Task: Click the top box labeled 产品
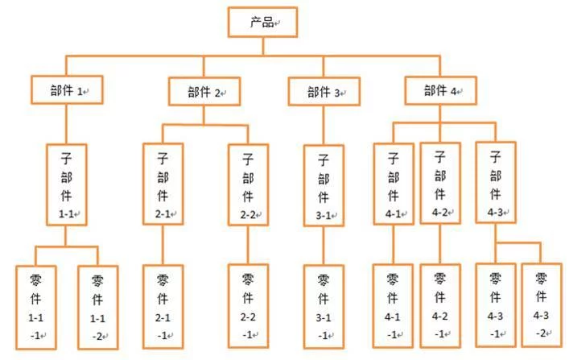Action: [262, 23]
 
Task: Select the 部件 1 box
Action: [67, 90]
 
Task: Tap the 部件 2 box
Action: [204, 92]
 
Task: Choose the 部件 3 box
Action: [324, 92]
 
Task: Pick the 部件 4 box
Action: [440, 90]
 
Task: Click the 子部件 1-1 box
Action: [67, 184]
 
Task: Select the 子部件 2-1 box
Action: [163, 184]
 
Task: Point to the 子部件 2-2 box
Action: [248, 184]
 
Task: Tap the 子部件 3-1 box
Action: [324, 185]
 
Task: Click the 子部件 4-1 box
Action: [394, 184]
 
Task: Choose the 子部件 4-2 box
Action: [440, 183]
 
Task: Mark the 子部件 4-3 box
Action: [496, 182]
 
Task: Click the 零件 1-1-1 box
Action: [36, 308]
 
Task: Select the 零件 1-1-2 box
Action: [98, 308]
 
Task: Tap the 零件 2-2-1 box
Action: [248, 306]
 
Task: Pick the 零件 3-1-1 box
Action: [324, 307]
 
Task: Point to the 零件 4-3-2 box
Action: [542, 304]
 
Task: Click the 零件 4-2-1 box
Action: [440, 306]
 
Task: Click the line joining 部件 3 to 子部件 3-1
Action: [324, 125]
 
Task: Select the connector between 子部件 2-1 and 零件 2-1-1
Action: [163, 245]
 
